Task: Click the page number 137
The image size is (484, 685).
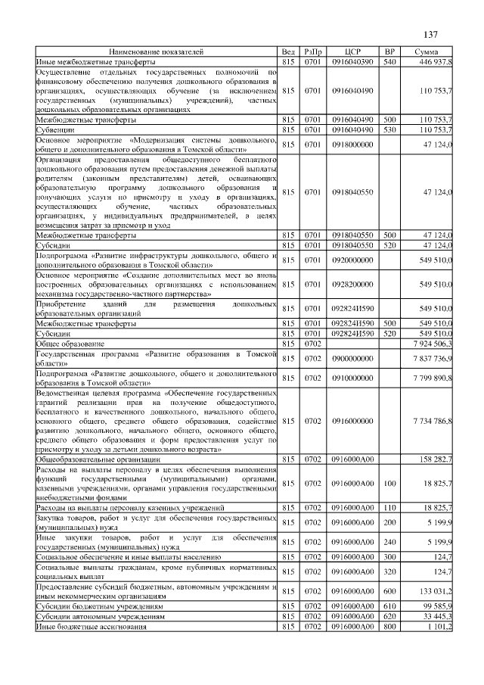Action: (431, 35)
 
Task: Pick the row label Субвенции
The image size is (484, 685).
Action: (54, 129)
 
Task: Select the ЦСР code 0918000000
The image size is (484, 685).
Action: (352, 144)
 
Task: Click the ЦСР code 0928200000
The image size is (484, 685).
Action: (352, 284)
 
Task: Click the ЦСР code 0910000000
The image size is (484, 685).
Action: (352, 378)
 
